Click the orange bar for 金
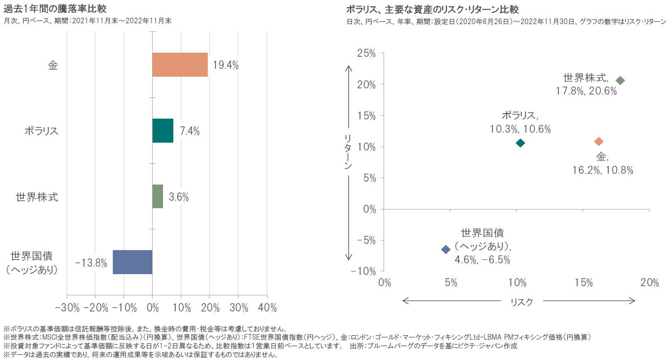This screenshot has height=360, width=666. coord(180,65)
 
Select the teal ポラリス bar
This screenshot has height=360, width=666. coord(163,131)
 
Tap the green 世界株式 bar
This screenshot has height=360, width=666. coord(158,196)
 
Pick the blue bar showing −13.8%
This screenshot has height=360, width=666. coord(132,262)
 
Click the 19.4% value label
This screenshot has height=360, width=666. coord(226,65)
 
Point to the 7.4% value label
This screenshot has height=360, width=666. coord(190,131)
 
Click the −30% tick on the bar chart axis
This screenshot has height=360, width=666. coord(67,308)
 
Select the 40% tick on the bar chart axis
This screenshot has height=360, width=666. coord(267,308)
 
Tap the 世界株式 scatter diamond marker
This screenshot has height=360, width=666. coord(620,80)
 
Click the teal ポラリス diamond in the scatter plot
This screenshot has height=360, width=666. coord(520,143)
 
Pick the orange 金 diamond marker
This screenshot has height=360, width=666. coord(598,141)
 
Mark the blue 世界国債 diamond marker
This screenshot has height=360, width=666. coord(445,249)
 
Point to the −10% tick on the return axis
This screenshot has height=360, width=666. coord(363,271)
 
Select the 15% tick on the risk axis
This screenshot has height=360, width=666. coord(583,283)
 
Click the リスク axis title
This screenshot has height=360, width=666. coord(521,302)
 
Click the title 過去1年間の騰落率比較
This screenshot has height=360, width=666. coord(55,9)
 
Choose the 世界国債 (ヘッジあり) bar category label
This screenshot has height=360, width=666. coord(32,263)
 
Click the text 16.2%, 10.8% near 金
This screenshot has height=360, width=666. coord(603,170)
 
